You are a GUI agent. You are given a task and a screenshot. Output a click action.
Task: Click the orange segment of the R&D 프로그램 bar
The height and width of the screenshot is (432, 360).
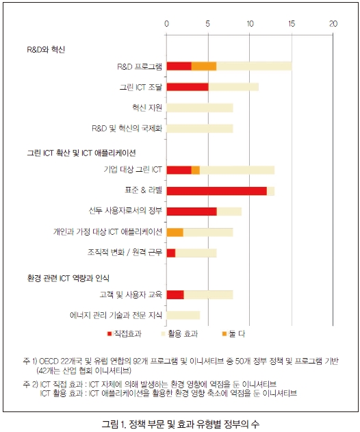coord(204,66)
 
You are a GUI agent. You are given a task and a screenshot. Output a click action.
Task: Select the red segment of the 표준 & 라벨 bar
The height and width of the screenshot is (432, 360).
coord(216,191)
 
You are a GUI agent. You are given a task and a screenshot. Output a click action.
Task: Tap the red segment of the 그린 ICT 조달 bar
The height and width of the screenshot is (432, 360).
coord(188,87)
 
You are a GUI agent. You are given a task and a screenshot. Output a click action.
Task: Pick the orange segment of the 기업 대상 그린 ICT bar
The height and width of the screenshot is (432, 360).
coord(196,170)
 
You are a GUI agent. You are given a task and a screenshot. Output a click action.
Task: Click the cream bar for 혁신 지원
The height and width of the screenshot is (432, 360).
coord(200,107)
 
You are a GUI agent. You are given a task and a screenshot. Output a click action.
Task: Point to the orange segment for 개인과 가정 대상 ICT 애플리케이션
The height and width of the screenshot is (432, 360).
coord(175,232)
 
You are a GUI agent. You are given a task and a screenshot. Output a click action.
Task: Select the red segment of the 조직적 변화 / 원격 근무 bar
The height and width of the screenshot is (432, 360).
coord(171,253)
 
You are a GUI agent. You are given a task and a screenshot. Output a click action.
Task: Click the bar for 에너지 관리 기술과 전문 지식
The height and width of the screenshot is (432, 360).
coord(183,315)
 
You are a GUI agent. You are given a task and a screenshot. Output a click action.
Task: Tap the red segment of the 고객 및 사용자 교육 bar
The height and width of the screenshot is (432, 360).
coord(175,294)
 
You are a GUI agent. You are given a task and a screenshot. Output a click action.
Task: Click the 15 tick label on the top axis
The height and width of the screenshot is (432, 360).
coord(292,24)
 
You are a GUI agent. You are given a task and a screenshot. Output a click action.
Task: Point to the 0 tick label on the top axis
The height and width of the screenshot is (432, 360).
coord(166,24)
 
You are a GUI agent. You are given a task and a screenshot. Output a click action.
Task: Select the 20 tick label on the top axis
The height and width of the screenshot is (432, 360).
coord(333,24)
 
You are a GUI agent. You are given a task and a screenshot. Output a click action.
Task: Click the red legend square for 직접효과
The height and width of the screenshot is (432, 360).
coord(110,334)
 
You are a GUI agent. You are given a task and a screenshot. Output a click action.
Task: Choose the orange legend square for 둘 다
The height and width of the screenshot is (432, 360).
coord(224,334)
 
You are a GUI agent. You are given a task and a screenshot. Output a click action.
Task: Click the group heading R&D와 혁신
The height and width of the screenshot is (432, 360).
coord(46,49)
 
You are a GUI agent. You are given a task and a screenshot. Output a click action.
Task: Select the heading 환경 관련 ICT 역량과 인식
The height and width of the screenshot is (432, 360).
coord(68,278)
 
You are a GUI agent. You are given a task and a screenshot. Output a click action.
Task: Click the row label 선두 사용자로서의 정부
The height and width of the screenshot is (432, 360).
coord(125,211)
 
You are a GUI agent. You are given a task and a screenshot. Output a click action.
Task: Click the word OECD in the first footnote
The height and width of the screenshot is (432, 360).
coord(49,361)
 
